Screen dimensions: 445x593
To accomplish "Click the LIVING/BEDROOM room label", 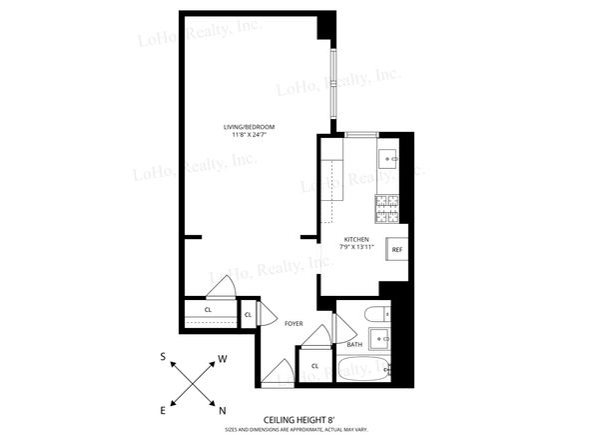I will pyautogui.click(x=249, y=127).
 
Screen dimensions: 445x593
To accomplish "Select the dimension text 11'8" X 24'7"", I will pyautogui.click(x=249, y=136).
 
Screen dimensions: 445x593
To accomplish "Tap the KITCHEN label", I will pyautogui.click(x=357, y=240).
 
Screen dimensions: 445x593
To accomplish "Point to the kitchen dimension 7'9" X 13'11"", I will pyautogui.click(x=357, y=248).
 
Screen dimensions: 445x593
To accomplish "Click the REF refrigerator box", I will pyautogui.click(x=396, y=250).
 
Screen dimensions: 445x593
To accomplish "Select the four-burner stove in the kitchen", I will pyautogui.click(x=387, y=208).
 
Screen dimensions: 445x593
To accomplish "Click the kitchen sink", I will pyautogui.click(x=387, y=158).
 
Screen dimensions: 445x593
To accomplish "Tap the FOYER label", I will pyautogui.click(x=294, y=324).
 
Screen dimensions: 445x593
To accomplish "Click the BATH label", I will pyautogui.click(x=354, y=345).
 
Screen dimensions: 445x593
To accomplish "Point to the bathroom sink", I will pyautogui.click(x=381, y=335).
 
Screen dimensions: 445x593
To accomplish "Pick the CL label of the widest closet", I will pyautogui.click(x=208, y=310).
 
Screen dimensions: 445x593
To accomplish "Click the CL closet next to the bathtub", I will pyautogui.click(x=314, y=366).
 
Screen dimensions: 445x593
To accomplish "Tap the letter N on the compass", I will pyautogui.click(x=223, y=410).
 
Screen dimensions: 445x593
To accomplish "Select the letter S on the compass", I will pyautogui.click(x=163, y=356).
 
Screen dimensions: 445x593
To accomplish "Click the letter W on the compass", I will pyautogui.click(x=223, y=357).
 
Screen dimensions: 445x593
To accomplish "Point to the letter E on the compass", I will pyautogui.click(x=163, y=410).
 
